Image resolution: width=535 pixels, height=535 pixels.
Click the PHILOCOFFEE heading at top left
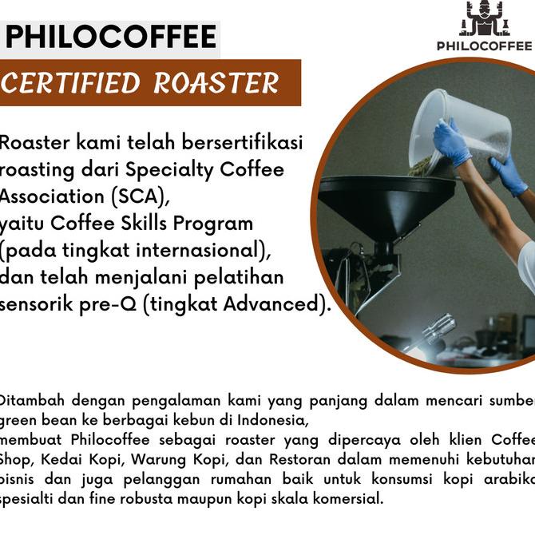[111, 37]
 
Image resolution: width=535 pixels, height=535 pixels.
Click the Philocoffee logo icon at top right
[484, 19]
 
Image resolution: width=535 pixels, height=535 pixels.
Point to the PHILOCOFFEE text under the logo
[484, 46]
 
